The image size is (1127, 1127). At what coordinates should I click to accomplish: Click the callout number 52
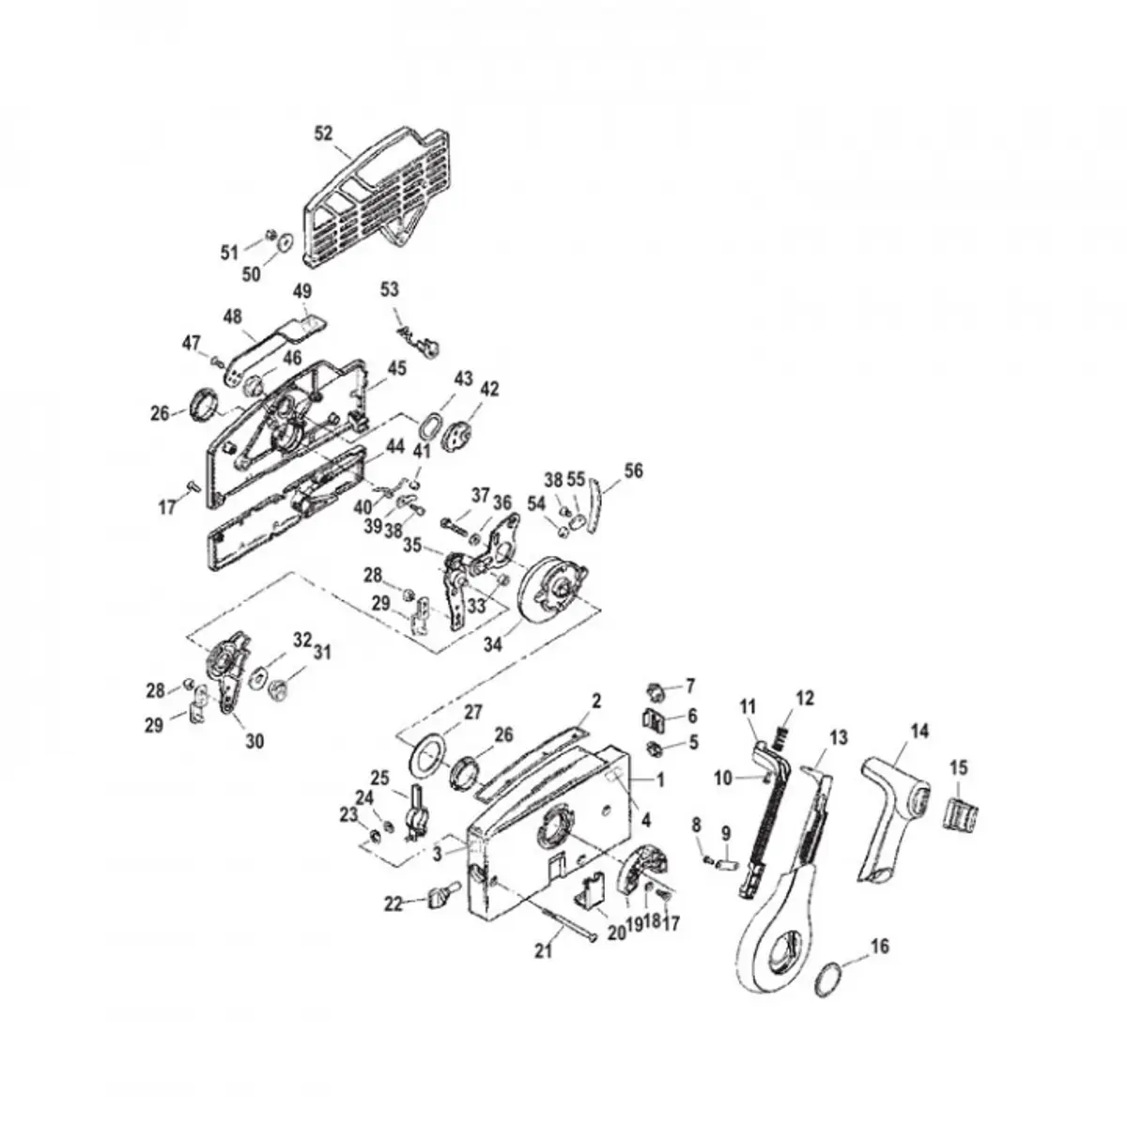(x=323, y=134)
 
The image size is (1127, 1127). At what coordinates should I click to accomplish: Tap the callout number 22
(x=393, y=903)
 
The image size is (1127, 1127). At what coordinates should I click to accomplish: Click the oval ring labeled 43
(x=427, y=425)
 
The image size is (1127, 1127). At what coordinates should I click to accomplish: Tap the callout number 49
(x=302, y=291)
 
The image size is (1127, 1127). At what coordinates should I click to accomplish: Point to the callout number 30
(x=255, y=741)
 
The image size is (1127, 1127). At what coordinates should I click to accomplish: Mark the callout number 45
(x=397, y=369)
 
